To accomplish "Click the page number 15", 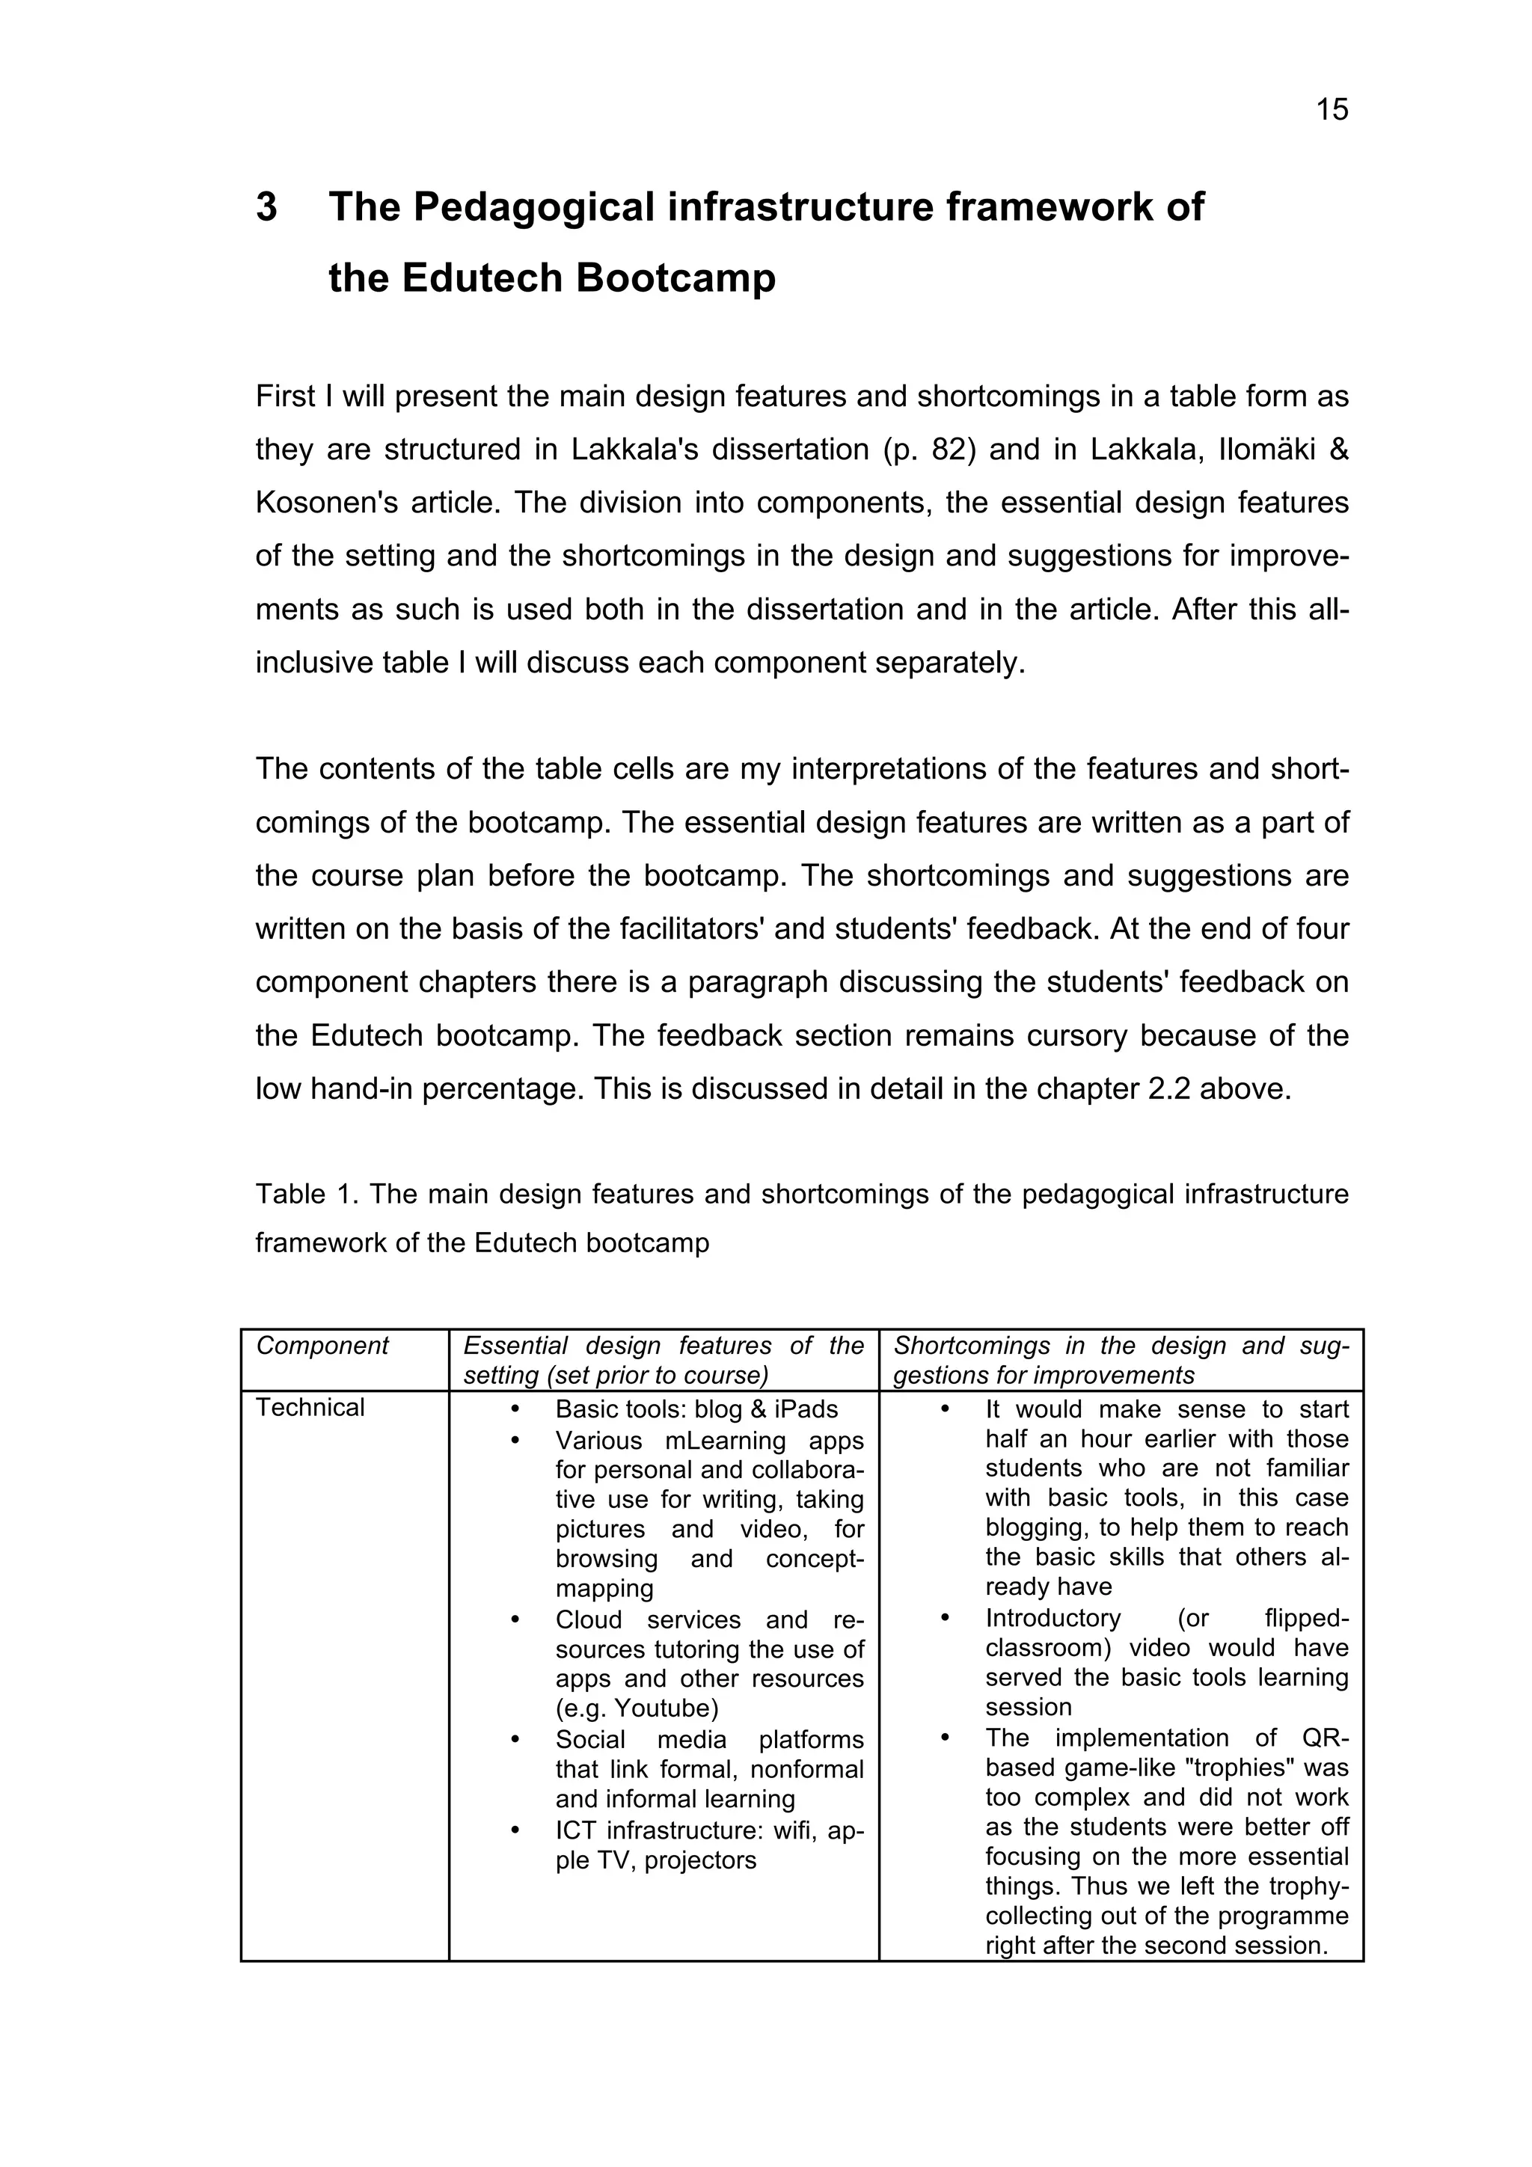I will point(1332,111).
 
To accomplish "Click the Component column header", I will point(322,1346).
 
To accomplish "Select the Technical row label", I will point(310,1409).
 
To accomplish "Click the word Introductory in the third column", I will point(1053,1619).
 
